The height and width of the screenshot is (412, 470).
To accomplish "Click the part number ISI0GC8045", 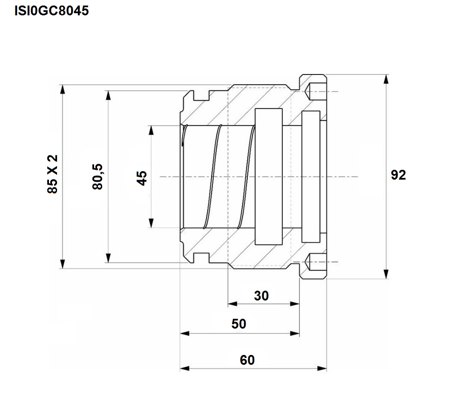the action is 52,11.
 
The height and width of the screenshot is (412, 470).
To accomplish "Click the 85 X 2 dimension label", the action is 52,174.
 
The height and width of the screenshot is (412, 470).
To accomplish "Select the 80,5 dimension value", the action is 97,177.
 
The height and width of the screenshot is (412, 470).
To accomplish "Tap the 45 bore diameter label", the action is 141,178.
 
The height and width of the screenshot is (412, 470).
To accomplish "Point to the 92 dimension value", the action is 398,175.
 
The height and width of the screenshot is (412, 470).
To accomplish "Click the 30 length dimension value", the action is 261,296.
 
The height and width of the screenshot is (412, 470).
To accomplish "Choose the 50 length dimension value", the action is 238,323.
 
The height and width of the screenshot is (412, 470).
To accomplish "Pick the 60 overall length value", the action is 247,360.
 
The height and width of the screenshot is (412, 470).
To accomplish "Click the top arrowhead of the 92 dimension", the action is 387,79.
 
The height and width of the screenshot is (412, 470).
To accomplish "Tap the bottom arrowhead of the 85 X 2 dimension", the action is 62,264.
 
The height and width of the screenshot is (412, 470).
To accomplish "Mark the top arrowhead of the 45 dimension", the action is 151,130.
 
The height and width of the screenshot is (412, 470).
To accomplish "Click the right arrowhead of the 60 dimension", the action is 322,368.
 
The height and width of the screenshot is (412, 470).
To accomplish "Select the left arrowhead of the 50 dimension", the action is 185,333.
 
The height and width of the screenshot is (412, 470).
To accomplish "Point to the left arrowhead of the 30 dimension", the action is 232,304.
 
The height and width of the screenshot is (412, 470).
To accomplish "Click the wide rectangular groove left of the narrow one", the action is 269,177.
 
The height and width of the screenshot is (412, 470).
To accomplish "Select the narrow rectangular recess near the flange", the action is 311,177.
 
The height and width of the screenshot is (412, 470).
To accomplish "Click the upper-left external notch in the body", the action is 201,95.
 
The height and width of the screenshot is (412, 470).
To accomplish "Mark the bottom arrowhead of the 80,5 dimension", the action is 109,258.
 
